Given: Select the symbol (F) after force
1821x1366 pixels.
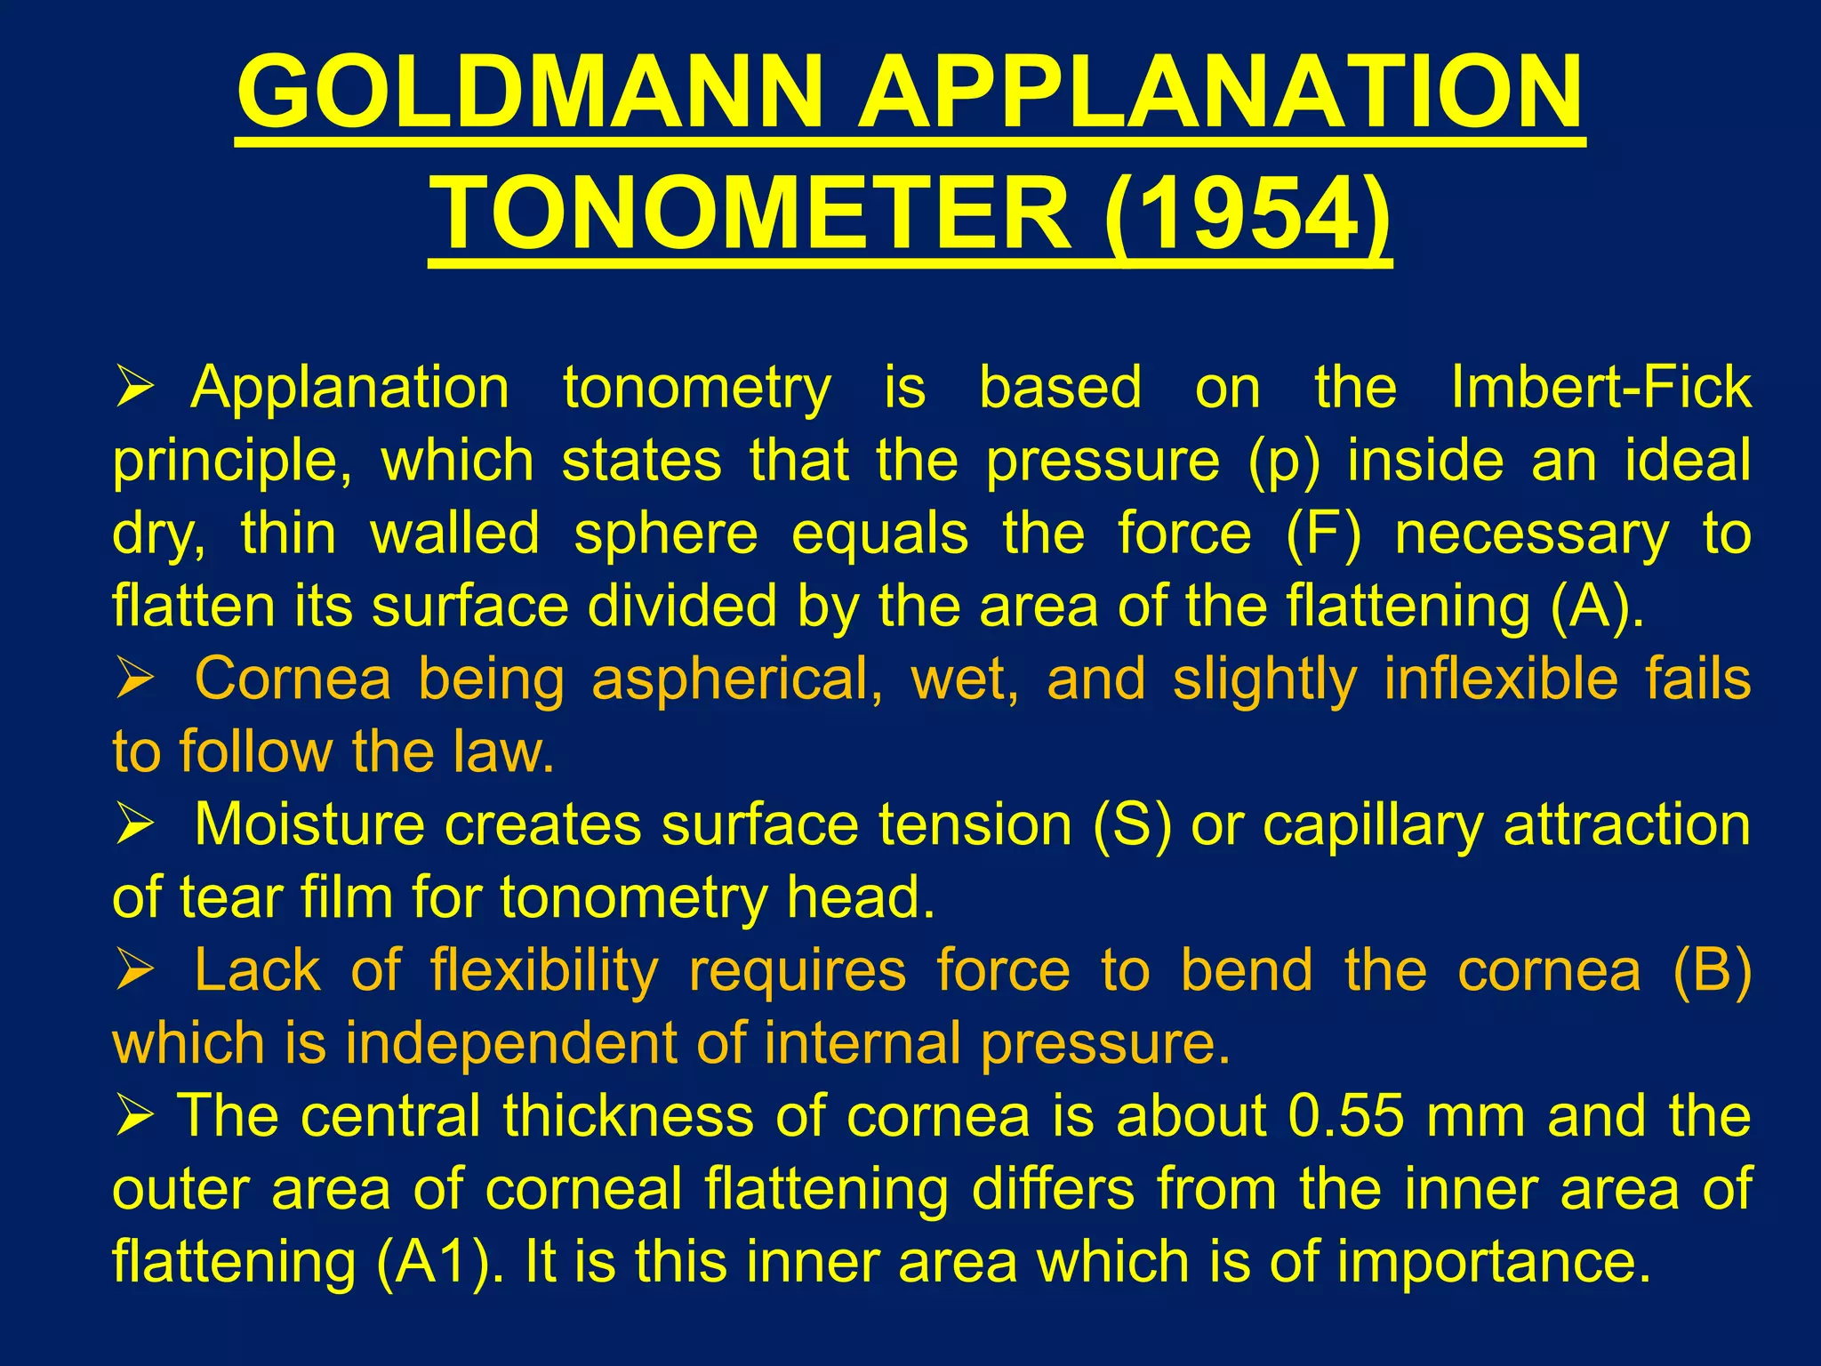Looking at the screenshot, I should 1323,534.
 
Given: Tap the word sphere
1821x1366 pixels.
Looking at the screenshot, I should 666,534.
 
